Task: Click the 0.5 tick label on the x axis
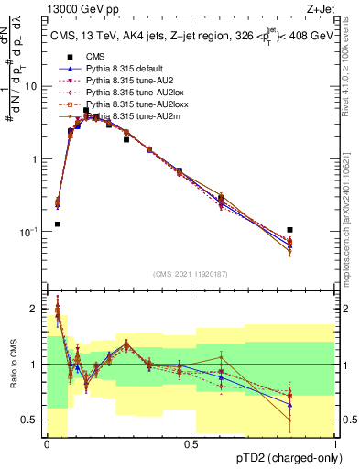(x=191, y=443)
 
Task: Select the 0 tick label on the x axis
(x=47, y=443)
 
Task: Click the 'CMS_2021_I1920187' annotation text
(x=191, y=274)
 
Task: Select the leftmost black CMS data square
(x=58, y=224)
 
